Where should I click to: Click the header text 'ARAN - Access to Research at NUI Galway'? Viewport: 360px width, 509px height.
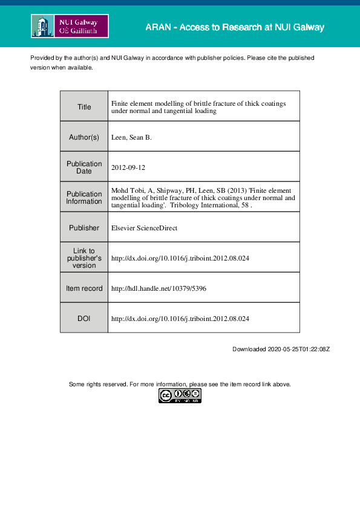pos(235,27)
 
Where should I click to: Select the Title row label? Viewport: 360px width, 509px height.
pos(84,107)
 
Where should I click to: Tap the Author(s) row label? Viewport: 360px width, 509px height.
pos(84,137)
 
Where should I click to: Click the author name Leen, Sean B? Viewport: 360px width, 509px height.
pos(131,137)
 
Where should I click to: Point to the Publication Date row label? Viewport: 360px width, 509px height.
pos(84,167)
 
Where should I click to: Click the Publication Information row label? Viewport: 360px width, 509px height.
pos(84,198)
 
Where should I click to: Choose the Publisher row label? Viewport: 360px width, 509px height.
pos(84,228)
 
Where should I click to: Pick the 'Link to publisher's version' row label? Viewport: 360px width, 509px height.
pos(84,258)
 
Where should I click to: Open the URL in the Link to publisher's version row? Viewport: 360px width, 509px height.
pos(180,258)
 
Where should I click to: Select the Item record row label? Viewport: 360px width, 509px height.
pos(84,288)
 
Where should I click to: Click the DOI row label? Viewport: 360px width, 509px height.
pos(84,318)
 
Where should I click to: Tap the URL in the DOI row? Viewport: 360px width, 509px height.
pos(180,318)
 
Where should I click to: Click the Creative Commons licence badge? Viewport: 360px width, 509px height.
pos(180,396)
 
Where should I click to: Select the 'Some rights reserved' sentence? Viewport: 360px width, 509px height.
pos(180,384)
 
